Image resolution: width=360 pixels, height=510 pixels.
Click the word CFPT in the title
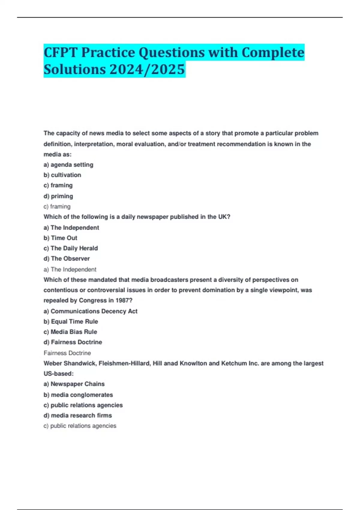click(x=60, y=52)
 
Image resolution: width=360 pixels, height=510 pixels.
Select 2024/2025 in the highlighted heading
click(x=147, y=69)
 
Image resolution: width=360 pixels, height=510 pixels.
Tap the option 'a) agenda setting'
click(x=68, y=165)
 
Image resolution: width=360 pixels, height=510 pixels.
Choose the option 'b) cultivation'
click(x=62, y=175)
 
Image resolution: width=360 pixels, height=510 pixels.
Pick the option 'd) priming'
click(x=58, y=196)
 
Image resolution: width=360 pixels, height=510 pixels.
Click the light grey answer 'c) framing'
click(x=57, y=206)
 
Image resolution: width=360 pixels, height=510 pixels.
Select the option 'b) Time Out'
click(x=60, y=238)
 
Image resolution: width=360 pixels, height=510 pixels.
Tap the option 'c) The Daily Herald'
click(x=70, y=248)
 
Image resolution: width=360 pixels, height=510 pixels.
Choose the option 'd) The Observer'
click(x=67, y=258)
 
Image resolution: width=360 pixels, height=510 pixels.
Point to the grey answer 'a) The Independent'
click(x=70, y=269)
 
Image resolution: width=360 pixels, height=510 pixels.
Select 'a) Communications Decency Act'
click(x=90, y=311)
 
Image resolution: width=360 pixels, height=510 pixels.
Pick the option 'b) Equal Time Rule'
click(x=71, y=321)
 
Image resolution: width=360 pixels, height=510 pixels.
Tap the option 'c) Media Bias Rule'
click(x=70, y=332)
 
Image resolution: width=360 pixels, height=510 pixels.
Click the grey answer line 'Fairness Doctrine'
click(x=67, y=353)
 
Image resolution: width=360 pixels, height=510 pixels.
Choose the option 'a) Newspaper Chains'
click(x=74, y=384)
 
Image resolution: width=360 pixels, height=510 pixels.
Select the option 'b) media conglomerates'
click(x=78, y=395)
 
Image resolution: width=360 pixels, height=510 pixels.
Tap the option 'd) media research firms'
click(x=78, y=415)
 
